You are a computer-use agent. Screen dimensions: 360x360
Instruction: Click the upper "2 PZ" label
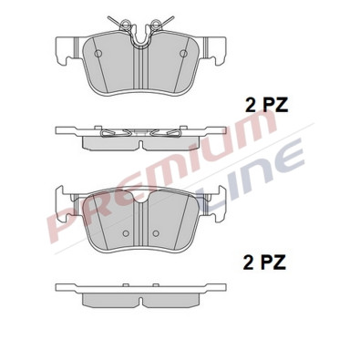pos(266,105)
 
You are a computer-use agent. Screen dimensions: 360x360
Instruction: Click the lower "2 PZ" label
pos(264,262)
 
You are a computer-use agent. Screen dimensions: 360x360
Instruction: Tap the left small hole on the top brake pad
pos(98,54)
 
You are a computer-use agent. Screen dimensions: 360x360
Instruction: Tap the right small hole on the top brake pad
pos(183,54)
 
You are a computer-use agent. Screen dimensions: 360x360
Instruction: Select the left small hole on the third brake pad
pos(126,233)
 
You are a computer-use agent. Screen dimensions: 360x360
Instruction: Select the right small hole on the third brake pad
pos(156,233)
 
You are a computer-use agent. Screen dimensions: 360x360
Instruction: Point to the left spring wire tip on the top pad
pos(108,17)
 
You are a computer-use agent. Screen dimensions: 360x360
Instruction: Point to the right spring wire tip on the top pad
pos(173,17)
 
